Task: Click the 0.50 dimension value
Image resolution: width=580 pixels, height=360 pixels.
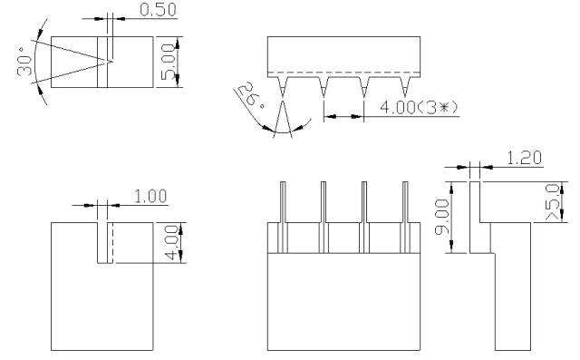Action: click(x=158, y=10)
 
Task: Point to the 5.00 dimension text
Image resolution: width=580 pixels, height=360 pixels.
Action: click(x=169, y=62)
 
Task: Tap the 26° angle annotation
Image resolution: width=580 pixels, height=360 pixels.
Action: click(x=251, y=95)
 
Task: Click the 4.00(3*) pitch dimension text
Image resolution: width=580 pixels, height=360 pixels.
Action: click(x=419, y=107)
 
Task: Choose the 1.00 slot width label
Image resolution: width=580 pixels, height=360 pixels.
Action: click(x=150, y=196)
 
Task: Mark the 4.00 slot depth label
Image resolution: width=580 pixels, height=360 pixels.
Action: click(x=172, y=242)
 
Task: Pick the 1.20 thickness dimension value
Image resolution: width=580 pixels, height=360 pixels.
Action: click(x=525, y=158)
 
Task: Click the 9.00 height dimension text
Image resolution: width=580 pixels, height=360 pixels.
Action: click(x=442, y=217)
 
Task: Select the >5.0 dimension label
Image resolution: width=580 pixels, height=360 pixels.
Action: click(x=553, y=202)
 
